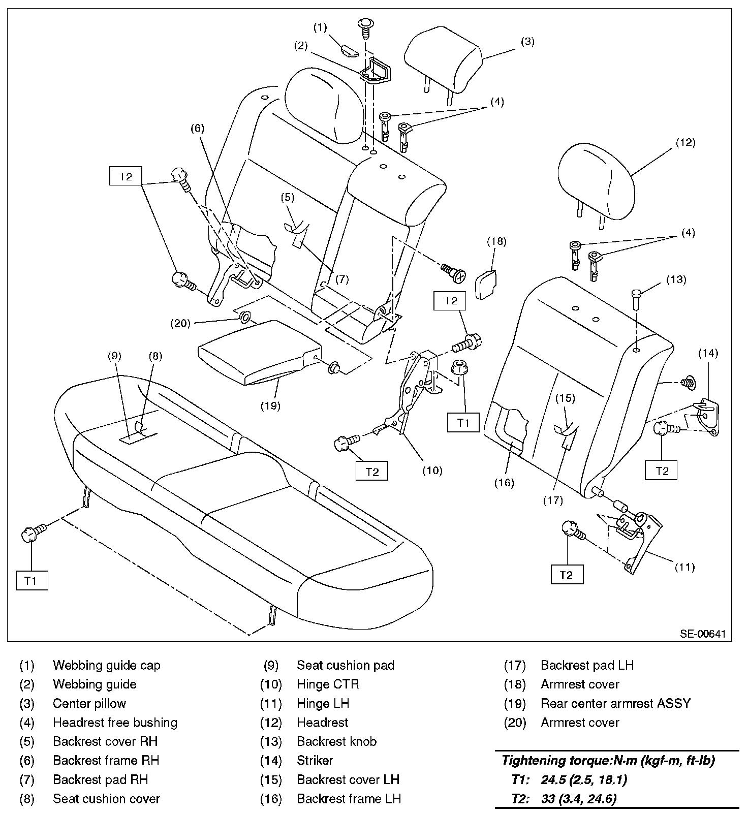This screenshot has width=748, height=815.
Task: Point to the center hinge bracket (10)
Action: [x=414, y=391]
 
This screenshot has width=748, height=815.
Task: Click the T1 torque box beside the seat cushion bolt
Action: [x=32, y=580]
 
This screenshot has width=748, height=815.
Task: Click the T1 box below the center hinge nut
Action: [x=463, y=422]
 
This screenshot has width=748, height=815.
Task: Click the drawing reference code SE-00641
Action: [x=703, y=634]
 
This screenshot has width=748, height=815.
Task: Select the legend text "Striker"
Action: [x=315, y=761]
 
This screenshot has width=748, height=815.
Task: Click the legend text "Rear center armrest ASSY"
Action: [x=615, y=704]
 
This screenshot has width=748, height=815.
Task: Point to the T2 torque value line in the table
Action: [x=564, y=799]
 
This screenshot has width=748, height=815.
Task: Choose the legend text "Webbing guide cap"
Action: [x=106, y=666]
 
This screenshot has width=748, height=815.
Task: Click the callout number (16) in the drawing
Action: [x=505, y=483]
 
